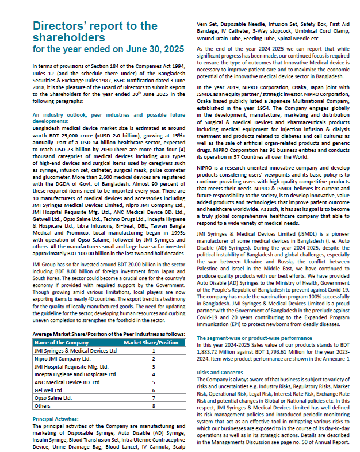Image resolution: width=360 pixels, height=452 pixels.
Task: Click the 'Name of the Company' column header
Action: tap(61, 342)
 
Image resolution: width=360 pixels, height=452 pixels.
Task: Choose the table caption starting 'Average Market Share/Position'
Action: tap(108, 334)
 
